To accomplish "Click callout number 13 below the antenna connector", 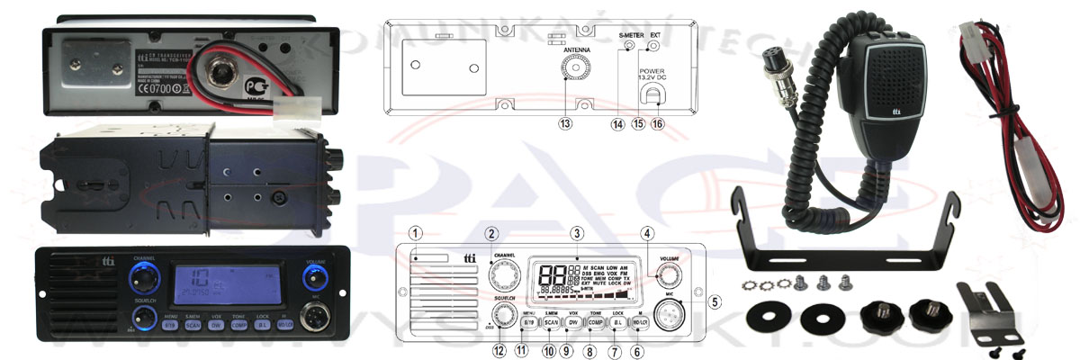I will [x=565, y=124].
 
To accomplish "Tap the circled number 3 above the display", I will [x=576, y=233].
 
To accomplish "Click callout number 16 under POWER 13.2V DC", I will [x=658, y=124].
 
